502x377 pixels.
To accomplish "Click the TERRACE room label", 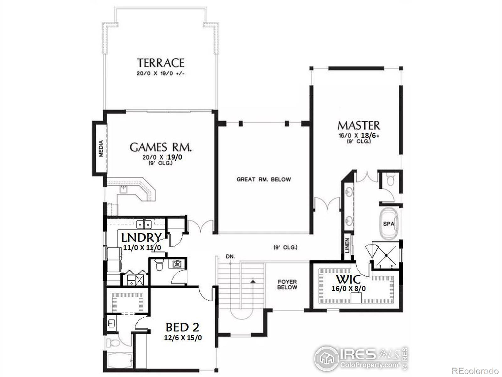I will coord(160,63).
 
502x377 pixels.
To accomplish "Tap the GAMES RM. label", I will coord(160,147).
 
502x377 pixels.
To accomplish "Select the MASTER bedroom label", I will coord(359,125).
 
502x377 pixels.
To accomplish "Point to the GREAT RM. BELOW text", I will coord(264,179).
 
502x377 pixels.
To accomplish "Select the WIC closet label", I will coord(348,279).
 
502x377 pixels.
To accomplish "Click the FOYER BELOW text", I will coord(287,285).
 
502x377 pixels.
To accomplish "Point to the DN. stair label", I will coord(230,257).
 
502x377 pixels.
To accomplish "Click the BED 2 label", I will coord(182,327).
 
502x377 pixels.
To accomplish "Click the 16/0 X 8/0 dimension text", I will coord(348,288).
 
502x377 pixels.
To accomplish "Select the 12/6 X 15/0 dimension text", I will coord(183,338).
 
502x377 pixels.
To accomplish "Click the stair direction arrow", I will coord(252,281).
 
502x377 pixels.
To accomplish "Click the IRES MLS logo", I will coord(361,358).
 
